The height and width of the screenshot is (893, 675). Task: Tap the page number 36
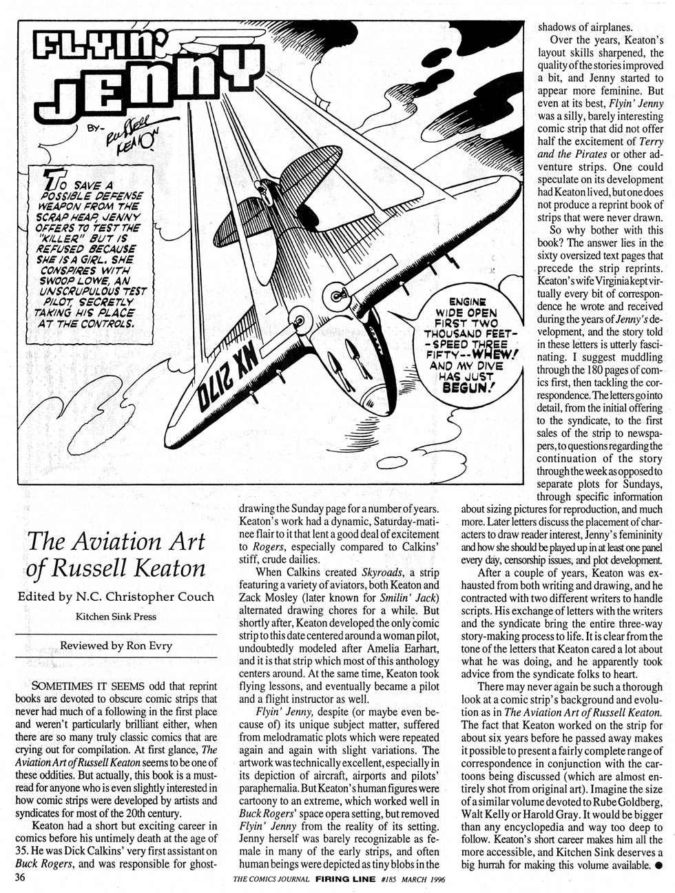coord(14,878)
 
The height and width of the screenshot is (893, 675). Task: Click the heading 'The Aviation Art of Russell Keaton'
coord(116,555)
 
